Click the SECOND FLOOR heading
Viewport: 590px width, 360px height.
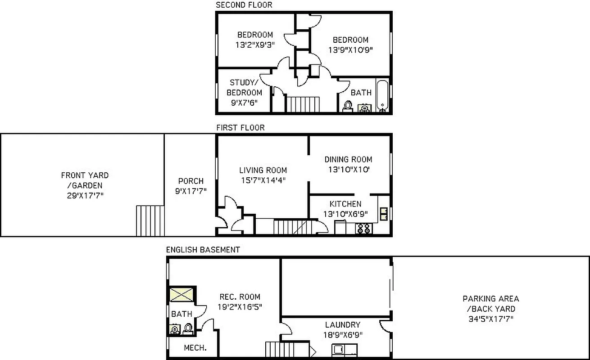[244, 5]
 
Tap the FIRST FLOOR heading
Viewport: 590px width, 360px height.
[240, 127]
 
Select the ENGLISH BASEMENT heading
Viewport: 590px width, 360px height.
[203, 249]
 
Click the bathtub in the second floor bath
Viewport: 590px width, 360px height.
[382, 95]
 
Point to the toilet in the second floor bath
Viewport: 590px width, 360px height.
[348, 106]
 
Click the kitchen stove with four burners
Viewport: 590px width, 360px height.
[363, 229]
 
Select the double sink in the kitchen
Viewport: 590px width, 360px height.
[384, 213]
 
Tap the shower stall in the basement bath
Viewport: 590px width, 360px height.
[182, 295]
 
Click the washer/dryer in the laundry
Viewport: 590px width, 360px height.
[345, 350]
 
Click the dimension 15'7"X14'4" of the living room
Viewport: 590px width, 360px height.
[263, 180]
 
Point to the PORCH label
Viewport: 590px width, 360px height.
[191, 181]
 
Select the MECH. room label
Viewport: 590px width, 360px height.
[195, 348]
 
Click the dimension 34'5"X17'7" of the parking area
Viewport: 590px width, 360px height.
[490, 319]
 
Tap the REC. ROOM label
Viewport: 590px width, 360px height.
[240, 297]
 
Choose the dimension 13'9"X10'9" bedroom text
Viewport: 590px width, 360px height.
[350, 50]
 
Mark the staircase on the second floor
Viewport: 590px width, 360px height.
[303, 104]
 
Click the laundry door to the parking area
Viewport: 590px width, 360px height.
[384, 326]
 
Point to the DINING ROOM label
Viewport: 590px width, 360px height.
[348, 159]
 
